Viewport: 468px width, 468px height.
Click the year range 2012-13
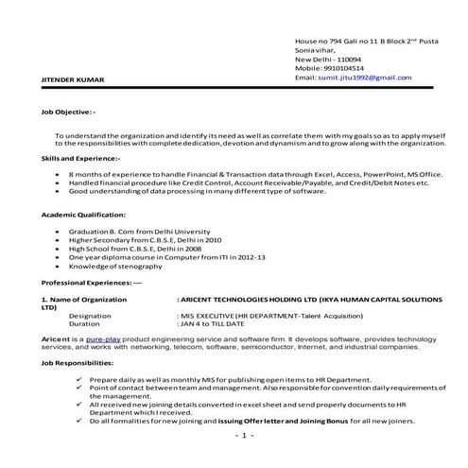[x=249, y=257]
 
